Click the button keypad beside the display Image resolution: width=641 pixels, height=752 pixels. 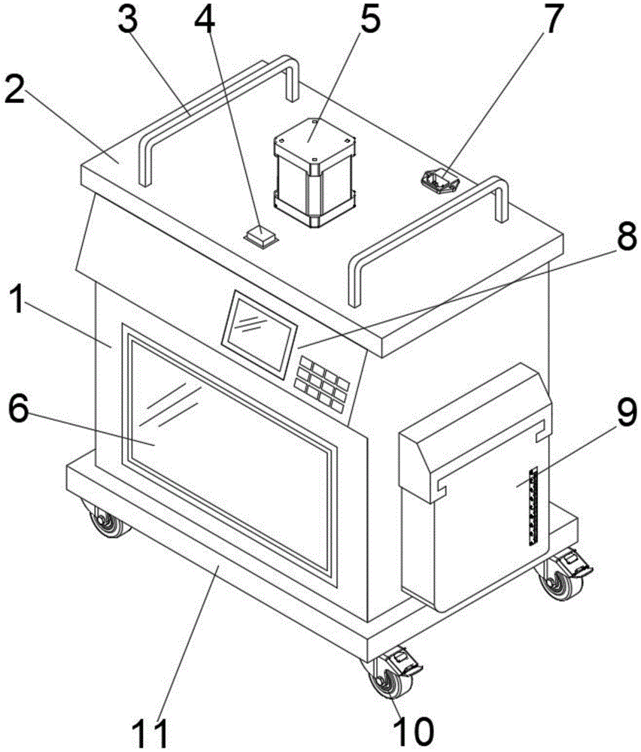tap(321, 381)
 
